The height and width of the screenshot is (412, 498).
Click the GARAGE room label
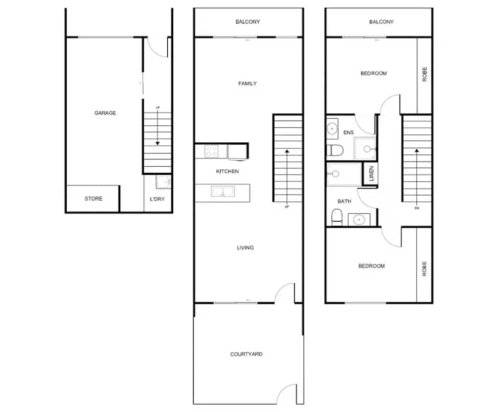point(105,113)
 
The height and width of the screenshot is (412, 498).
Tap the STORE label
point(93,199)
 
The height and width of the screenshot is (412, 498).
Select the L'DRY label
point(157,199)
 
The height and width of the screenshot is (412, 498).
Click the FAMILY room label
point(247,84)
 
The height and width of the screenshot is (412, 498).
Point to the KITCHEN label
point(227,172)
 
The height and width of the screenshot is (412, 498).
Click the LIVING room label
point(245,248)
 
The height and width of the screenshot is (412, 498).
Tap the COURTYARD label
point(247,354)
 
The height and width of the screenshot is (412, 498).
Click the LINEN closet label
point(372,173)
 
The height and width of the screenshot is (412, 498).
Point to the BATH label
point(344,201)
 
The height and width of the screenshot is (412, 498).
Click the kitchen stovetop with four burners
point(212,151)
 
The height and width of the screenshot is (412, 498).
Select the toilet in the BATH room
point(337,216)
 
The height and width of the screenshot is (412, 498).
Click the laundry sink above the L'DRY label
point(164,182)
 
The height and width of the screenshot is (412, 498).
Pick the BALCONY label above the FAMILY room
point(248,22)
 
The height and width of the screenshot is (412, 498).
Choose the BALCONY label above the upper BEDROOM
point(381,22)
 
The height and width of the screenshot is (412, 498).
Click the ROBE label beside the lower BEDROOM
point(425,267)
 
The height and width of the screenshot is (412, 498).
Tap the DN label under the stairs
point(416,208)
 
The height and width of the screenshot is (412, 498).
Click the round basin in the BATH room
point(360,218)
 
